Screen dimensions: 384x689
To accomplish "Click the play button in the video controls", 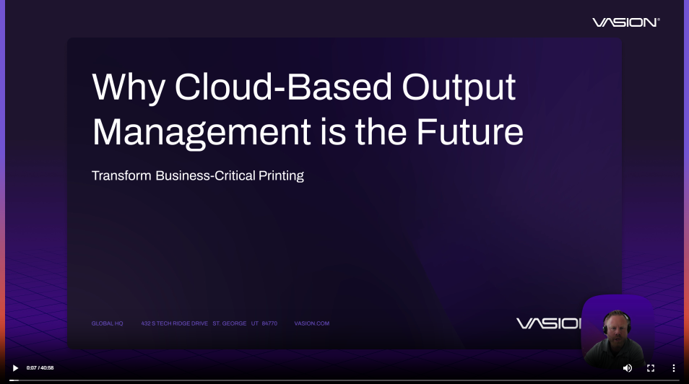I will tap(15, 368).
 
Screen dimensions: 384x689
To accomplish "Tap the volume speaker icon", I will tap(627, 368).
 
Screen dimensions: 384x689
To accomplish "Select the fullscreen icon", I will tap(651, 368).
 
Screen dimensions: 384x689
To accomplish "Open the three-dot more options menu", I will tap(674, 368).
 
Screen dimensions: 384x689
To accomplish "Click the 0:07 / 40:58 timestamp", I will tap(40, 368).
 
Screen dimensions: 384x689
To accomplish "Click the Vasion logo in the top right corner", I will tap(625, 22).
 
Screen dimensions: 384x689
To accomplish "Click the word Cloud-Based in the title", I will tap(283, 88).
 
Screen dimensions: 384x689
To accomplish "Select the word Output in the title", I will tap(459, 88).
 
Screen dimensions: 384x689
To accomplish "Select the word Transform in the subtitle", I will tap(121, 175).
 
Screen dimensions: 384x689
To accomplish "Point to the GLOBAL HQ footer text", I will tap(107, 323).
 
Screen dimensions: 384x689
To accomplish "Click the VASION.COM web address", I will tap(311, 323).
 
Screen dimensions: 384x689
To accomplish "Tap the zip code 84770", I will tap(269, 323).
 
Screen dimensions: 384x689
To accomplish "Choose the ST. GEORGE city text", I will tap(230, 323).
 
